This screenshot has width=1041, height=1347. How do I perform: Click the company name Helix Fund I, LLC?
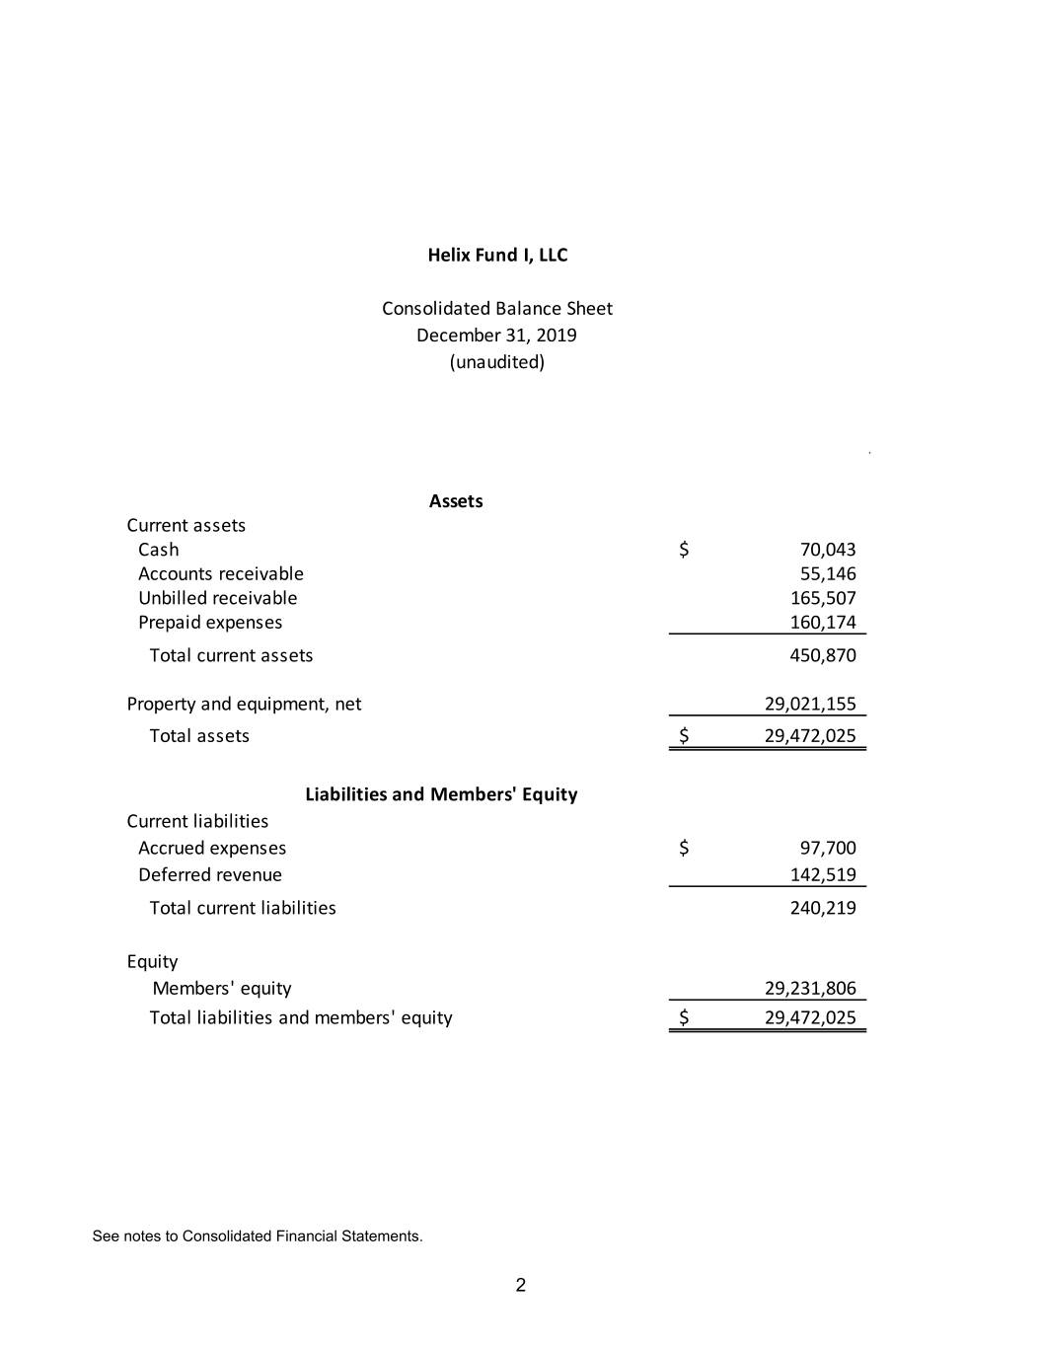(x=497, y=255)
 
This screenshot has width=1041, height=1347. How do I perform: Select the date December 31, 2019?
(x=496, y=335)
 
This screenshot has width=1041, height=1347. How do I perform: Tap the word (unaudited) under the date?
(x=496, y=361)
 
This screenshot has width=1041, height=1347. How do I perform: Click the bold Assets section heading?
(x=456, y=500)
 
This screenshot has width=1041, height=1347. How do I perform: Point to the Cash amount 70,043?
(x=827, y=550)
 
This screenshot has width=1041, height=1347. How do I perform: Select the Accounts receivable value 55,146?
(x=827, y=573)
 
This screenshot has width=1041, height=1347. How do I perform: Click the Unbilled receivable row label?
(x=217, y=598)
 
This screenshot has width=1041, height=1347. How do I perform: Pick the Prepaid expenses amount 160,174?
(x=822, y=622)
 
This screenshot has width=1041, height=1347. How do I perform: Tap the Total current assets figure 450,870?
(x=822, y=655)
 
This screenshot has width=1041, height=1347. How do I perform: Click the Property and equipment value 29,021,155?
(x=810, y=704)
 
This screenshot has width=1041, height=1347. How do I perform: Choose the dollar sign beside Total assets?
(x=683, y=735)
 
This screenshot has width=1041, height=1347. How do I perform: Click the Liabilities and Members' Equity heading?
(x=441, y=794)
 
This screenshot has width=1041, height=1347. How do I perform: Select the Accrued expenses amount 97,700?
(x=827, y=848)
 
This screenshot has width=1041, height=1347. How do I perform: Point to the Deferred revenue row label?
(x=210, y=874)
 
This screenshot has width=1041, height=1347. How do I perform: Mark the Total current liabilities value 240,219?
(x=822, y=908)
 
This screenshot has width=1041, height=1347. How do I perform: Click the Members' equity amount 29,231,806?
(x=810, y=988)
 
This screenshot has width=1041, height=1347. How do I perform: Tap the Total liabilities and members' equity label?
(x=301, y=1017)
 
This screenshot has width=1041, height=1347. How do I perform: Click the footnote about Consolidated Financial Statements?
(x=258, y=1236)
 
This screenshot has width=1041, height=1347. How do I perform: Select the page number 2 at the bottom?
(x=521, y=1285)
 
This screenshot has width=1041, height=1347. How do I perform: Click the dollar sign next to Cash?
(x=683, y=550)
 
